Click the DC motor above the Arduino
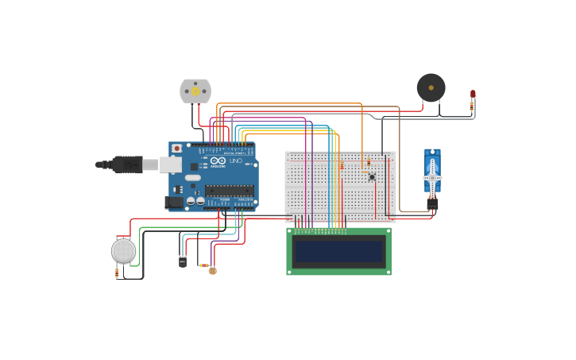click(x=195, y=91)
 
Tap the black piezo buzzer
click(x=431, y=87)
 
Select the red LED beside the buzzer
click(x=473, y=94)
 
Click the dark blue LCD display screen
click(x=338, y=251)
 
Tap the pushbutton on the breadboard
click(x=372, y=176)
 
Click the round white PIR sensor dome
click(x=123, y=250)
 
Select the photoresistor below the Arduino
click(x=212, y=270)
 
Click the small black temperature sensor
click(x=183, y=262)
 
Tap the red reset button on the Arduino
click(x=176, y=149)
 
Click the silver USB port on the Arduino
click(x=171, y=165)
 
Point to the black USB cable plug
click(x=127, y=165)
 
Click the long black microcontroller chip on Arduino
click(x=230, y=190)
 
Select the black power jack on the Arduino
click(x=173, y=202)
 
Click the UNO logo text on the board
click(x=235, y=161)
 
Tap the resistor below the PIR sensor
click(x=118, y=273)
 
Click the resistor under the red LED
click(x=472, y=104)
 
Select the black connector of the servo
click(x=432, y=203)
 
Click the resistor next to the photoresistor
click(x=203, y=265)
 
